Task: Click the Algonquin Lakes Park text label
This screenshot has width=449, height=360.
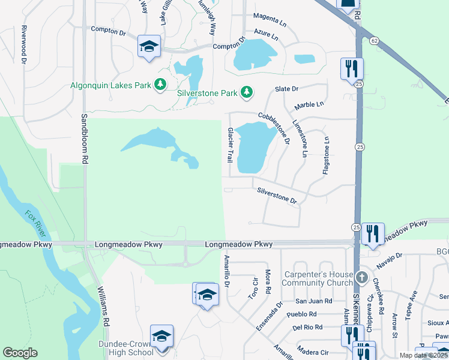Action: [110, 85]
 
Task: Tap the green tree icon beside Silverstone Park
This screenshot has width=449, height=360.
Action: [246, 92]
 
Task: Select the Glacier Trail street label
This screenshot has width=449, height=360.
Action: [229, 145]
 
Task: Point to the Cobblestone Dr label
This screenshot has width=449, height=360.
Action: [274, 128]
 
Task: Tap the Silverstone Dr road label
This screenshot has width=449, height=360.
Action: [277, 196]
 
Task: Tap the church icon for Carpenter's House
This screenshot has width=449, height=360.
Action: [361, 277]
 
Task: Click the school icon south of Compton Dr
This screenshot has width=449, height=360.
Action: [148, 46]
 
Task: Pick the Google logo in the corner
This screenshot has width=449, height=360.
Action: [20, 353]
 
